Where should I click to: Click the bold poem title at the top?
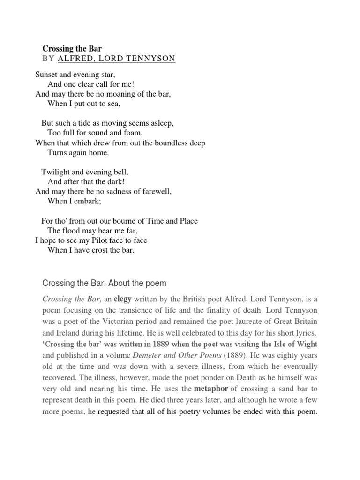pyautogui.click(x=72, y=48)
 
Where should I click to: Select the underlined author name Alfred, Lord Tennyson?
pyautogui.click(x=116, y=59)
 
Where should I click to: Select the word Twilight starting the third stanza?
pyautogui.click(x=56, y=172)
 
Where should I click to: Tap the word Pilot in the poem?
pyautogui.click(x=89, y=240)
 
